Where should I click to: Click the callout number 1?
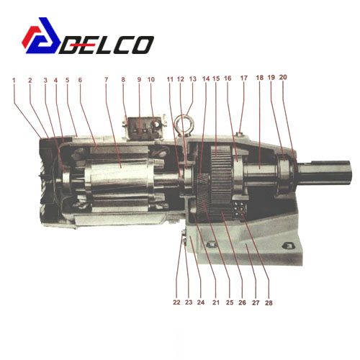tap(14, 80)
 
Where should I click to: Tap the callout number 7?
tap(107, 79)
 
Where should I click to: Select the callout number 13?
tap(193, 79)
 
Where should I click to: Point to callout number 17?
tap(244, 78)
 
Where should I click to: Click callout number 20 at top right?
tap(283, 77)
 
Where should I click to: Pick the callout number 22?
tap(176, 302)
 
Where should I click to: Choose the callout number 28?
tap(269, 303)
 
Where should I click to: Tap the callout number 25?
tap(230, 302)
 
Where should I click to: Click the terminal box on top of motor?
tap(145, 128)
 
